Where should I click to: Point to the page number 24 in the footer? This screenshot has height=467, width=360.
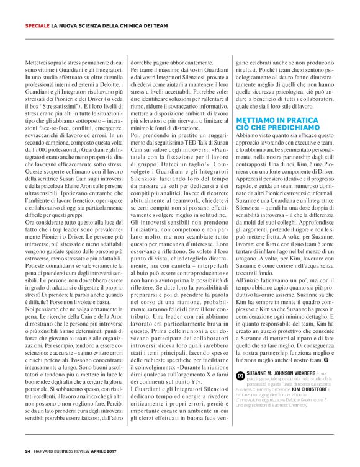[x=28, y=451]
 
